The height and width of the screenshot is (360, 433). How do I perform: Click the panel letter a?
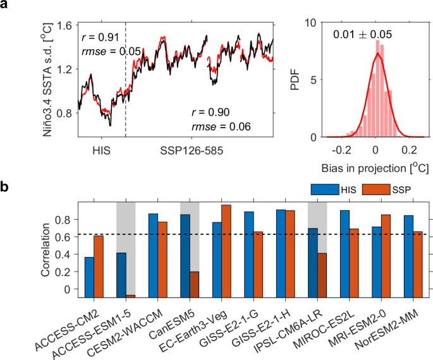coord(6,7)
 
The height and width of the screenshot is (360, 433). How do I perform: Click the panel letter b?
coord(6,188)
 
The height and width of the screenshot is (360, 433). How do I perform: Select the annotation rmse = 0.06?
coord(221,127)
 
